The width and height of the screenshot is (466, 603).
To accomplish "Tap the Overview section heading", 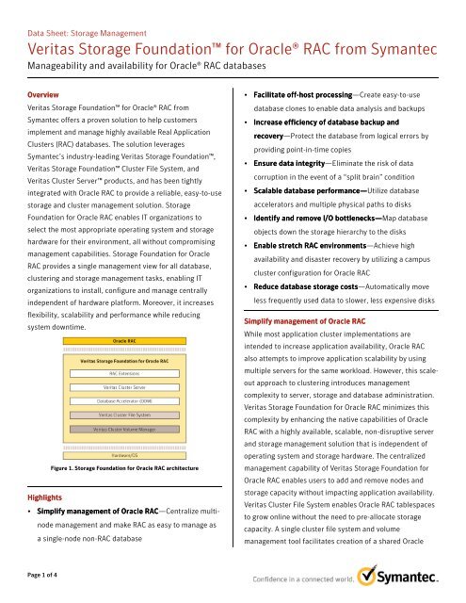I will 43,96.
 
